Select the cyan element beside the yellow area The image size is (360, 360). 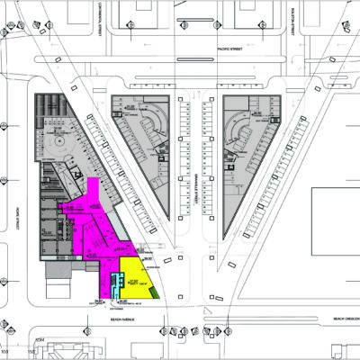pos(114,283)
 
